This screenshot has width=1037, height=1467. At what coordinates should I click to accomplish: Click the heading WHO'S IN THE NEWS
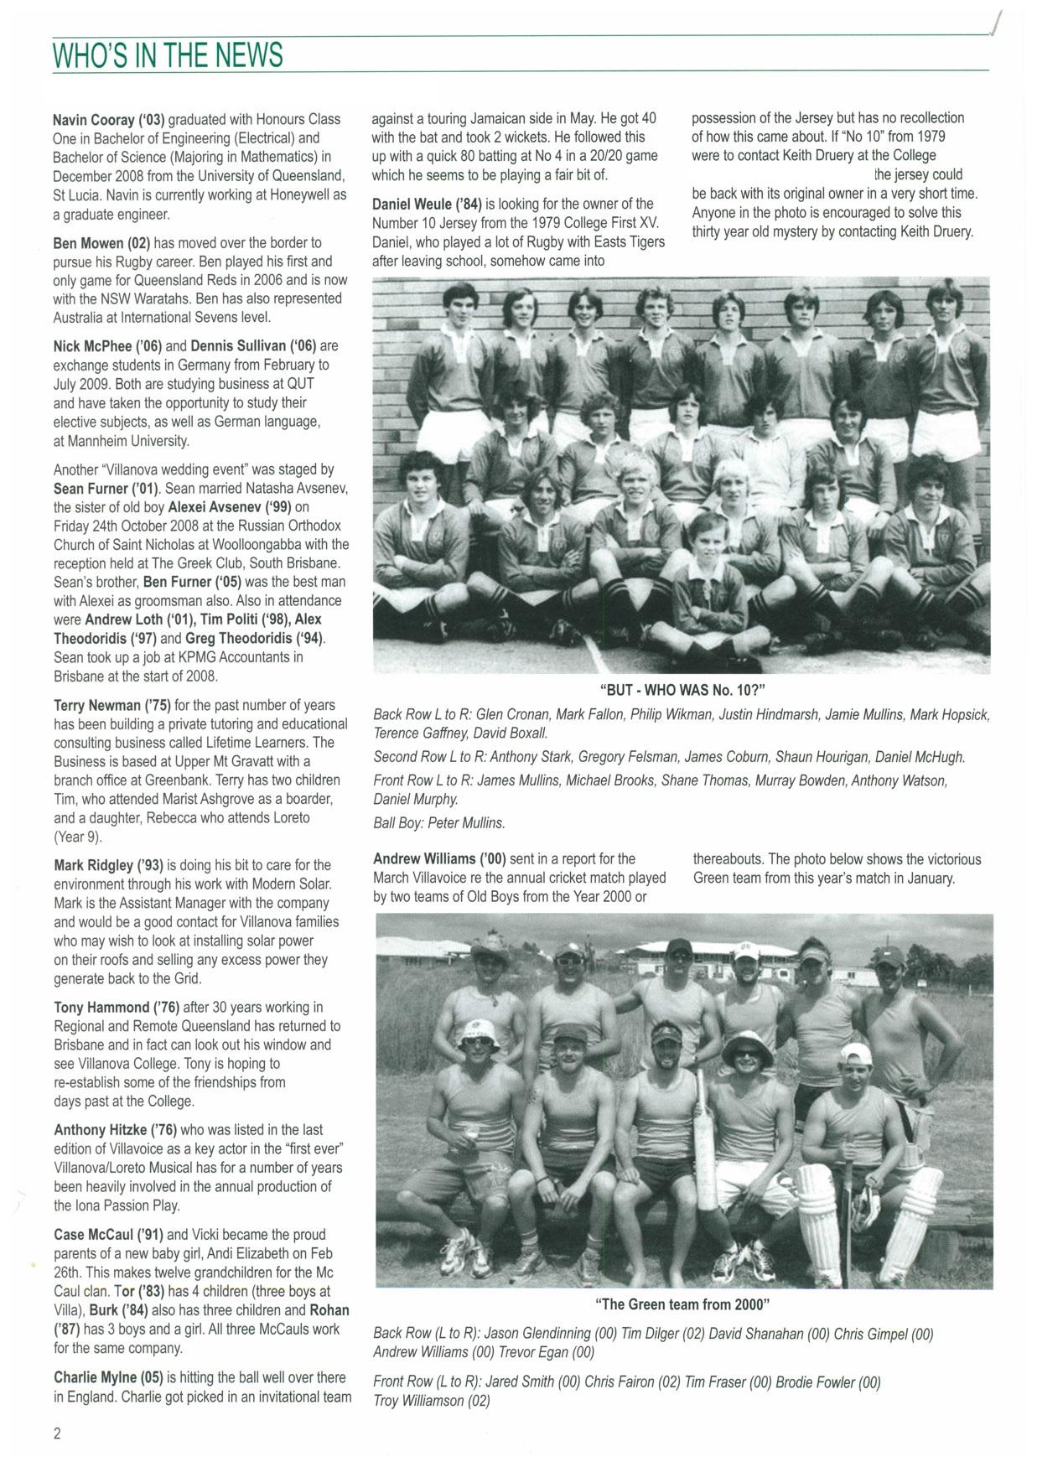(168, 55)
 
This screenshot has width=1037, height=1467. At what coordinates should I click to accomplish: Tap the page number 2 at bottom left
(57, 1433)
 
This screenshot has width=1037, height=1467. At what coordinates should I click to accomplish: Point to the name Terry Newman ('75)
(110, 705)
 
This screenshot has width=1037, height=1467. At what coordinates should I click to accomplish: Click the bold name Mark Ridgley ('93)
(108, 865)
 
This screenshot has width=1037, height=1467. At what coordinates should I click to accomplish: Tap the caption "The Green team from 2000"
(682, 1304)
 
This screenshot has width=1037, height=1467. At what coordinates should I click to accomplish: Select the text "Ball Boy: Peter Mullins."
(439, 823)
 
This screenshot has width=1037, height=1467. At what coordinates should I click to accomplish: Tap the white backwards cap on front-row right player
(856, 1054)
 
